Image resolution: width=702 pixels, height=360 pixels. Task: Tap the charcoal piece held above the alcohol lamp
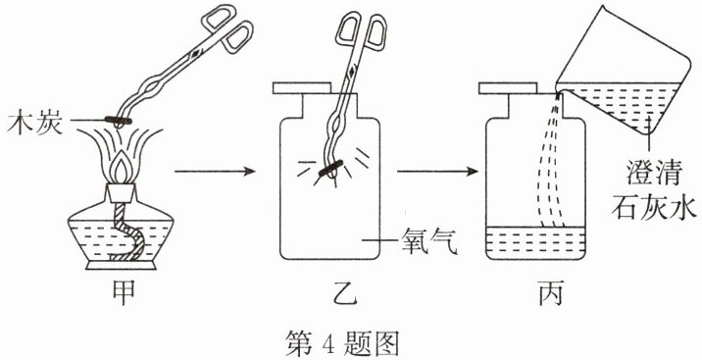click(x=119, y=120)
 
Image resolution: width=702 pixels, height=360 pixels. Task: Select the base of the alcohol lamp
click(x=121, y=265)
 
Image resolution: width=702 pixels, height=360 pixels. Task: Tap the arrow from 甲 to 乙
click(x=215, y=171)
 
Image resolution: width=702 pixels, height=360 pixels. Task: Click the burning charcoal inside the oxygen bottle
click(x=330, y=167)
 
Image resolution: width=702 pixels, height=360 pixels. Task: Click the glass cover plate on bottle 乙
click(x=302, y=87)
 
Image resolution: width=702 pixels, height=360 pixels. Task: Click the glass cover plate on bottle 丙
click(x=508, y=87)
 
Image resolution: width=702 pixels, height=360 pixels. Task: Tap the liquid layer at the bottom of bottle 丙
click(x=535, y=242)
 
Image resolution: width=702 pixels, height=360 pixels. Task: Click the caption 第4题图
click(x=342, y=344)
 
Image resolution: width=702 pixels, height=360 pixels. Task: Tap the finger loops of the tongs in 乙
click(x=361, y=31)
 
